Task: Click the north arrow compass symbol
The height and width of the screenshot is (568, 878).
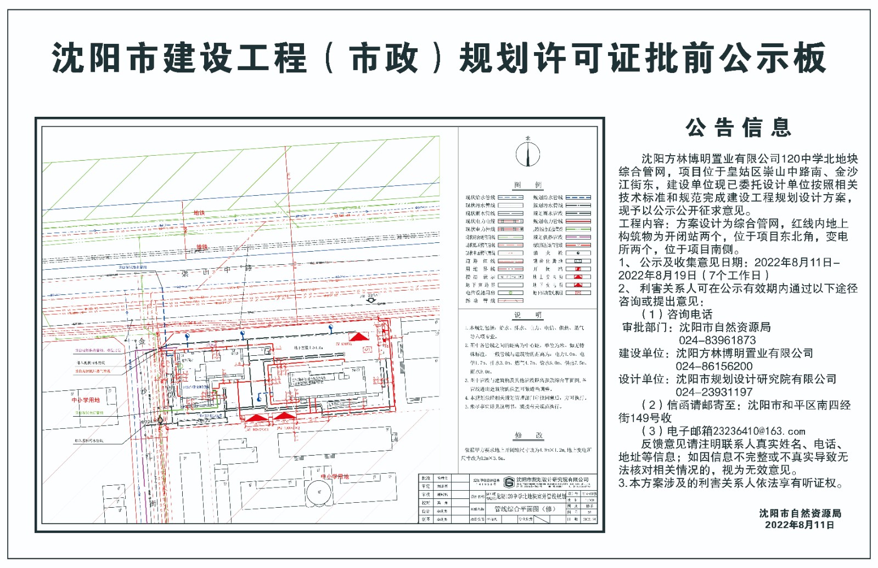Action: [x=527, y=154]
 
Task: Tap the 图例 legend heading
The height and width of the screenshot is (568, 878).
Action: [x=528, y=185]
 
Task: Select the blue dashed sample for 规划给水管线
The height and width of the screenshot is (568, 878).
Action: [x=578, y=197]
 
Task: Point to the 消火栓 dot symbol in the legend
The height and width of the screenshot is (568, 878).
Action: [x=578, y=253]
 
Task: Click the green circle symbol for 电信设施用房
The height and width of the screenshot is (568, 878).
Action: [x=510, y=293]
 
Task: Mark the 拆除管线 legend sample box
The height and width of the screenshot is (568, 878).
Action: [x=510, y=300]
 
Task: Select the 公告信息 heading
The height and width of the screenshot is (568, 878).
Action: [x=738, y=128]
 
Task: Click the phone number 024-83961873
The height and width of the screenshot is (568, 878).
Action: [x=717, y=340]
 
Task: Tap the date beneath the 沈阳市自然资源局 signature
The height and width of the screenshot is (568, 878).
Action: [x=800, y=525]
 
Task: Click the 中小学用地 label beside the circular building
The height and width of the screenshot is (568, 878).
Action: [x=335, y=476]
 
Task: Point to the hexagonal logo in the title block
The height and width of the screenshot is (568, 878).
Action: [x=509, y=481]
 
